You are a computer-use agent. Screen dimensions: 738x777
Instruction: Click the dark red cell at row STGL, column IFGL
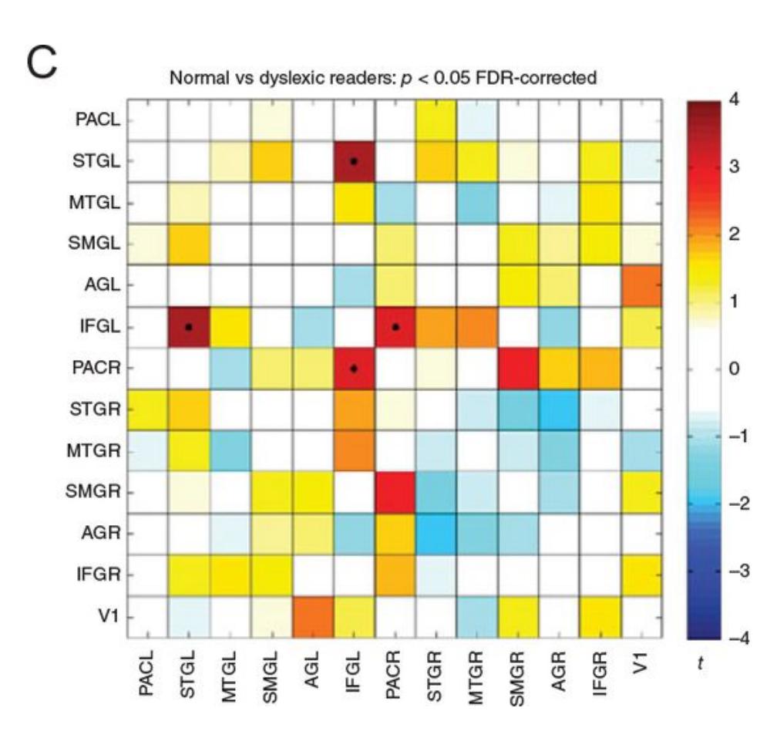pyautogui.click(x=354, y=162)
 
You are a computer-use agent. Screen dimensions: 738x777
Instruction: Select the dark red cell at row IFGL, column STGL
pyautogui.click(x=188, y=327)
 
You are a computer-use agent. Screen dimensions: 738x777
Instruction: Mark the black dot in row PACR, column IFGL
pyautogui.click(x=354, y=369)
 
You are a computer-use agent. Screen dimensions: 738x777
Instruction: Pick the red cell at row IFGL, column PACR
pyautogui.click(x=395, y=327)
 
